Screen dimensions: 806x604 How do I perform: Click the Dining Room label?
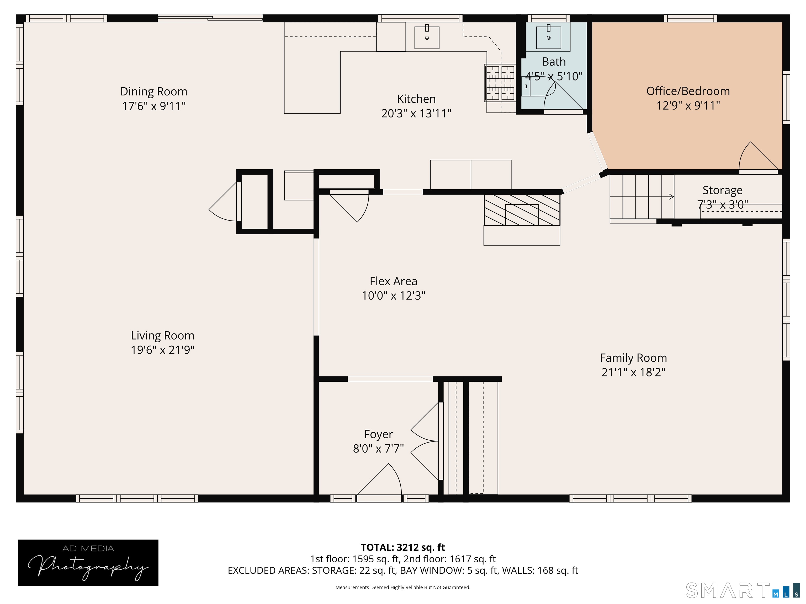click(154, 91)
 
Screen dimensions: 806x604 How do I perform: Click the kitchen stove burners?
click(500, 83)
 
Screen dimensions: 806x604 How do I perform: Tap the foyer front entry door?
click(379, 479)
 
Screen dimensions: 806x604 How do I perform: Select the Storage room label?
click(722, 190)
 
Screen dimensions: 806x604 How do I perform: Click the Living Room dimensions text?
click(162, 350)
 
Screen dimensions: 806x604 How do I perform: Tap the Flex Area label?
click(393, 281)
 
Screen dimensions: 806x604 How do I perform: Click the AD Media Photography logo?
click(88, 563)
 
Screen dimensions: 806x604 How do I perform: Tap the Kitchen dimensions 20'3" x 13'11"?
click(416, 114)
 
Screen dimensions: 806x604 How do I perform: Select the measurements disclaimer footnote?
click(403, 587)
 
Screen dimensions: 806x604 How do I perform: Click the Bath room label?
click(554, 62)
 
